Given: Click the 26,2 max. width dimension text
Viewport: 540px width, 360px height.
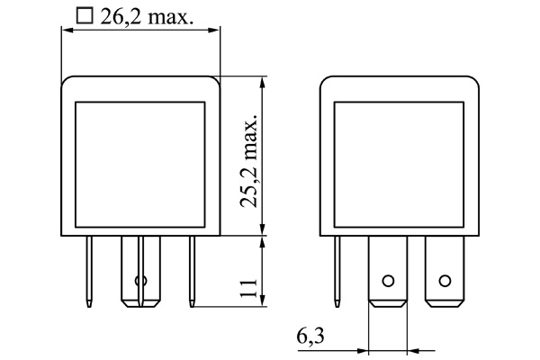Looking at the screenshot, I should pyautogui.click(x=148, y=15).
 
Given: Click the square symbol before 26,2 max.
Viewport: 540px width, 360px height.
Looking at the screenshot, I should pyautogui.click(x=85, y=15).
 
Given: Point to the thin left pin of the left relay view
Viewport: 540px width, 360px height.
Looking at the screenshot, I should pyautogui.click(x=91, y=270).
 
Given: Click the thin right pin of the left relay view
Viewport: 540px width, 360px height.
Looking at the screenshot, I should pyautogui.click(x=191, y=270).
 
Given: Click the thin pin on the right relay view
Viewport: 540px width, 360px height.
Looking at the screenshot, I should pyautogui.click(x=338, y=270).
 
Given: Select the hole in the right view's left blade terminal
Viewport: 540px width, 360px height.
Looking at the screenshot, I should pyautogui.click(x=388, y=280).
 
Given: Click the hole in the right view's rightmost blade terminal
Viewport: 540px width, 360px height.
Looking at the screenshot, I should pyautogui.click(x=442, y=280).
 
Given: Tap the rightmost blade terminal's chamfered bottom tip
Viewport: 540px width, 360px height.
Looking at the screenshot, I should pyautogui.click(x=442, y=301).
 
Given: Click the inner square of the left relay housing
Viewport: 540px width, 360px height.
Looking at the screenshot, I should pyautogui.click(x=140, y=161).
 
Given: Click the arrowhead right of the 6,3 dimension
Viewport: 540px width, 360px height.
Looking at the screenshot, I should pyautogui.click(x=413, y=349).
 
